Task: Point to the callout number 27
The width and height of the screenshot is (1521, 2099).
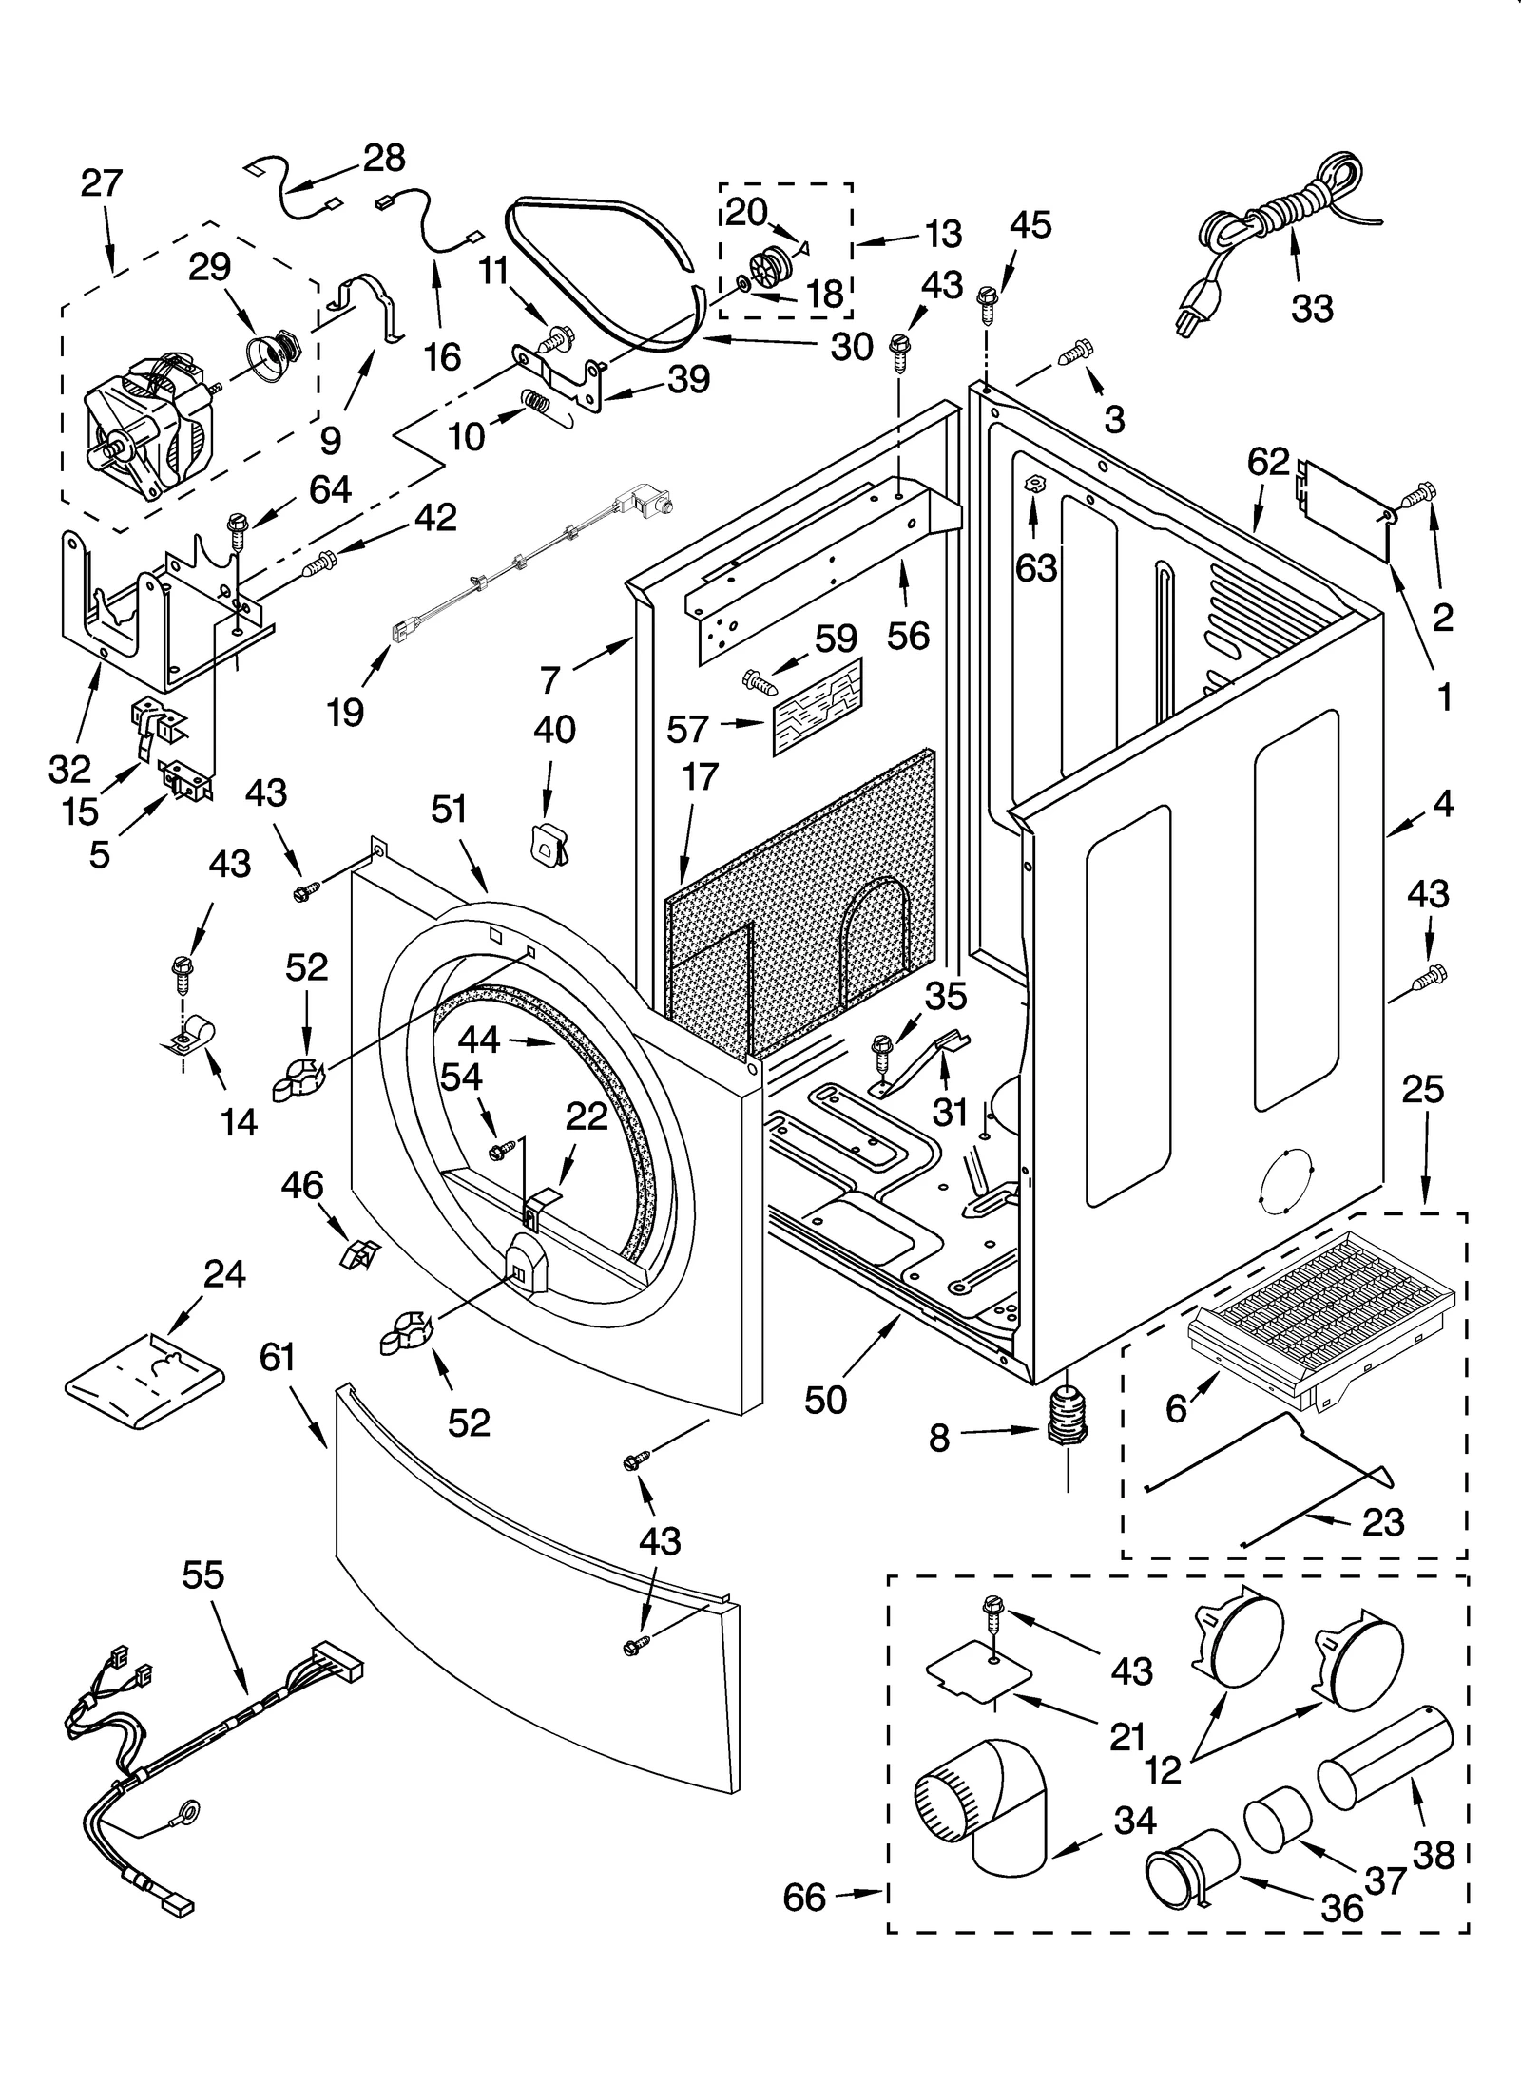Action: pyautogui.click(x=102, y=182)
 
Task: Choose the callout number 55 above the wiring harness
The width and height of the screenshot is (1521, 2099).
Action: pyautogui.click(x=202, y=1574)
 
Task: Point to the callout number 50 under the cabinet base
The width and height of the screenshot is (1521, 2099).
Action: pyautogui.click(x=824, y=1400)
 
